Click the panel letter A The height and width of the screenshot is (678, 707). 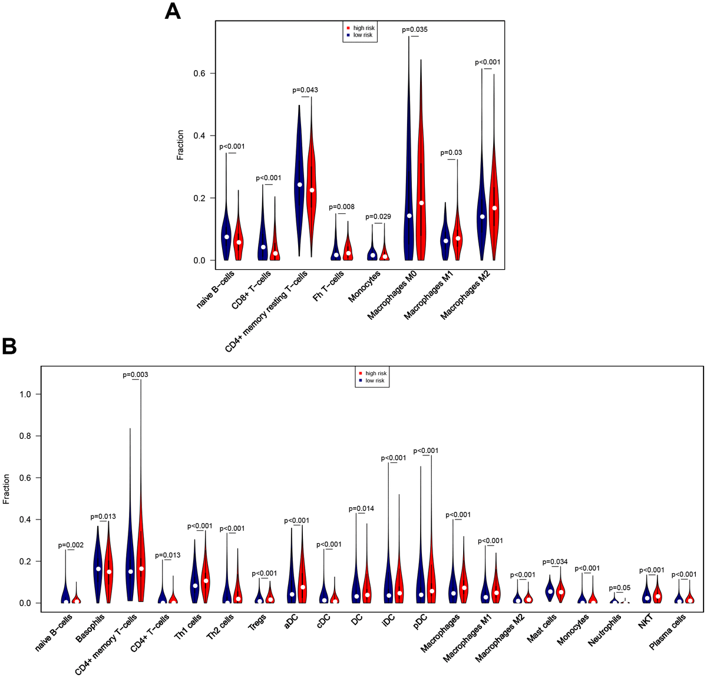173,11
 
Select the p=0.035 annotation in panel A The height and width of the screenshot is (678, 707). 415,29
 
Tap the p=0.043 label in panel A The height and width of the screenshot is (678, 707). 305,90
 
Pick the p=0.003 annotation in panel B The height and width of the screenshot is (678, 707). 136,375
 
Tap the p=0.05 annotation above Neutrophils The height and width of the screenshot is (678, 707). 619,588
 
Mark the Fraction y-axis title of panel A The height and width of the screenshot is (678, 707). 180,145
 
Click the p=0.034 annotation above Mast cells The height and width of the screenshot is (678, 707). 554,562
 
